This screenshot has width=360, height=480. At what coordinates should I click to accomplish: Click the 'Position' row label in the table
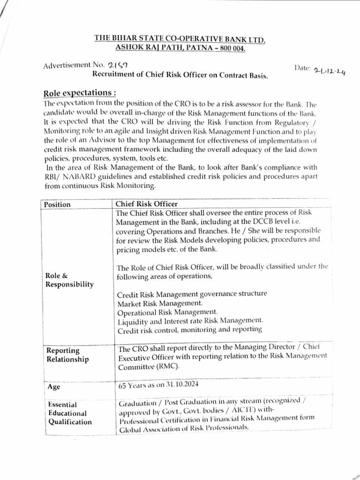tap(57, 204)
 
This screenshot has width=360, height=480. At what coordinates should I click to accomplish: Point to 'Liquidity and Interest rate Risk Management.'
tap(190, 320)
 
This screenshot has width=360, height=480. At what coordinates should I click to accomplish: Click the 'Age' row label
tap(54, 387)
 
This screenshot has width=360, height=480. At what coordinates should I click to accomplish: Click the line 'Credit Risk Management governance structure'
tap(191, 294)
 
